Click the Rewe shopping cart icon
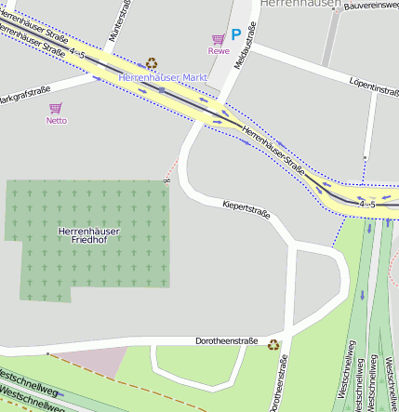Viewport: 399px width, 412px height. click(x=219, y=39)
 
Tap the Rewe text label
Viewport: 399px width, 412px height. click(x=219, y=51)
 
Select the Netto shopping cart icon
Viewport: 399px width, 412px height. click(x=56, y=108)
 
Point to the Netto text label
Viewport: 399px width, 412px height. click(x=57, y=120)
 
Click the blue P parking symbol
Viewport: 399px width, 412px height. click(x=236, y=34)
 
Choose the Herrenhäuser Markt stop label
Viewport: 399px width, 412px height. click(x=163, y=77)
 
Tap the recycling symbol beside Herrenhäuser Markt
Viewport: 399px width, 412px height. click(x=152, y=63)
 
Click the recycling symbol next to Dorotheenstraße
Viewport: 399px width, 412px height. click(x=273, y=345)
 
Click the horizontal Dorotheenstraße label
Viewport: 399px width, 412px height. click(x=226, y=341)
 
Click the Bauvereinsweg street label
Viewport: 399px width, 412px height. click(x=371, y=6)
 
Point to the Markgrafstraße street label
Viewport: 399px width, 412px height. click(x=24, y=95)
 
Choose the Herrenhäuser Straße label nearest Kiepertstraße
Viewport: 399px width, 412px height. click(x=273, y=149)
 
